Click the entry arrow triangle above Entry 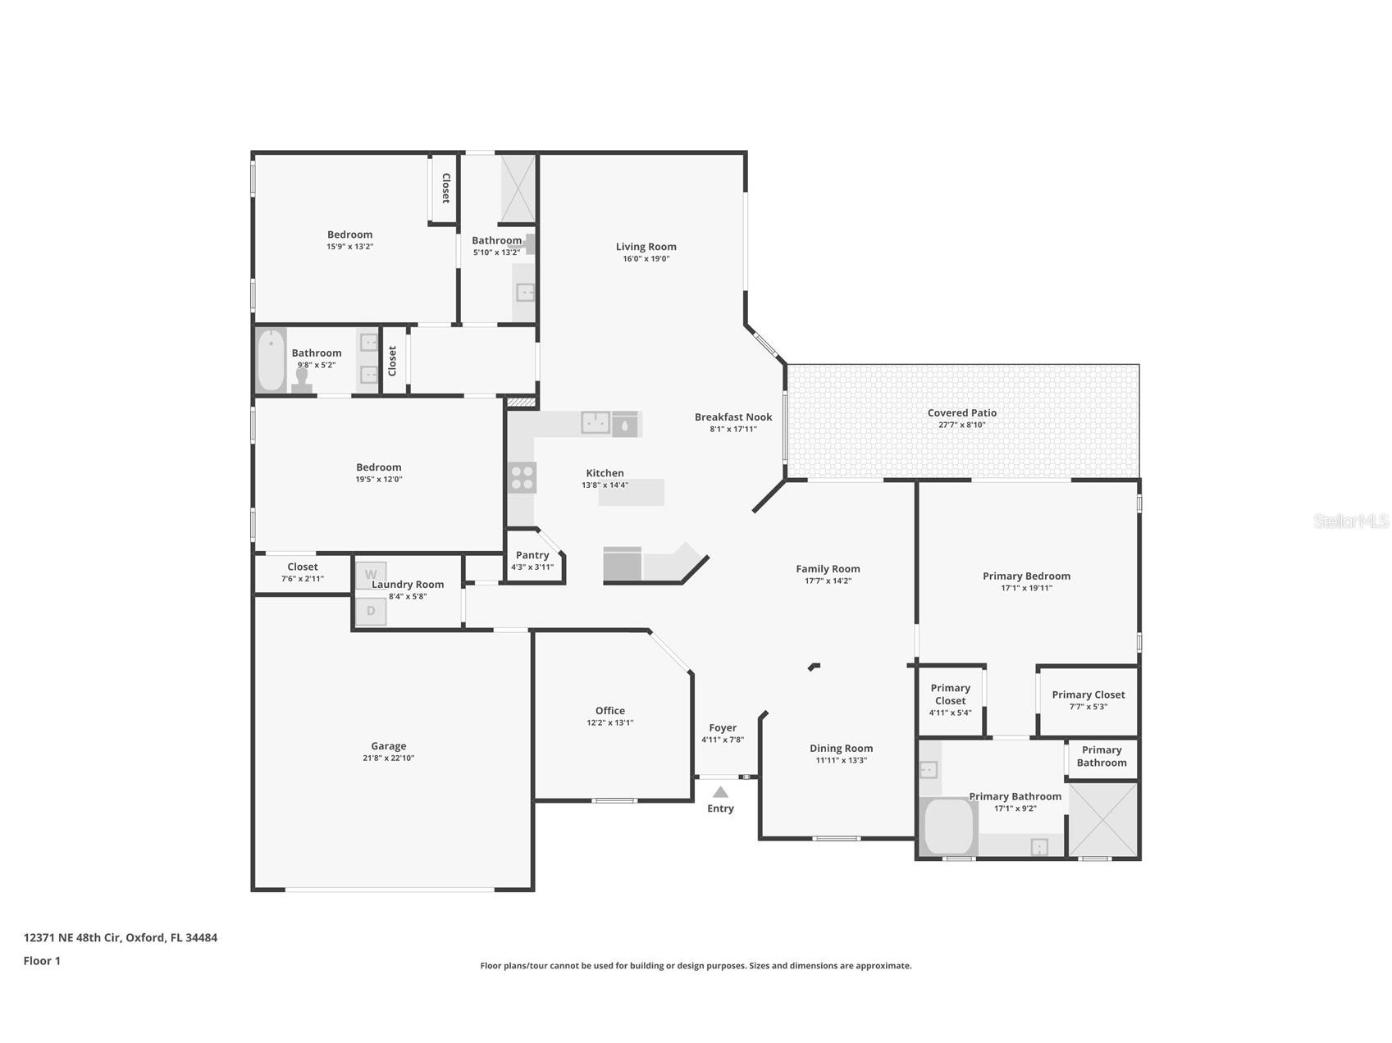click(720, 792)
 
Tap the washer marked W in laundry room click(371, 574)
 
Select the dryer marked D click(371, 611)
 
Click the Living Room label click(646, 246)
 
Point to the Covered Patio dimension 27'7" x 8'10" click(962, 425)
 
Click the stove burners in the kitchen click(522, 477)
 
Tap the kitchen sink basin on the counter click(595, 423)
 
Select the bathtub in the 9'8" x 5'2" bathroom click(271, 361)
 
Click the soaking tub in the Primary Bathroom click(949, 827)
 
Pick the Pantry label click(532, 555)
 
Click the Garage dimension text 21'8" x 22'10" click(389, 758)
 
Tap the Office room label click(610, 711)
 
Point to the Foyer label click(723, 727)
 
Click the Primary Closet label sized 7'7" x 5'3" click(1088, 695)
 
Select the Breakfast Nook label click(733, 417)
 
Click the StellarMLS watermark click(1350, 521)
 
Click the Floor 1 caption click(42, 961)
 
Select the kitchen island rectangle click(632, 493)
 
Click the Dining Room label click(841, 748)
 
